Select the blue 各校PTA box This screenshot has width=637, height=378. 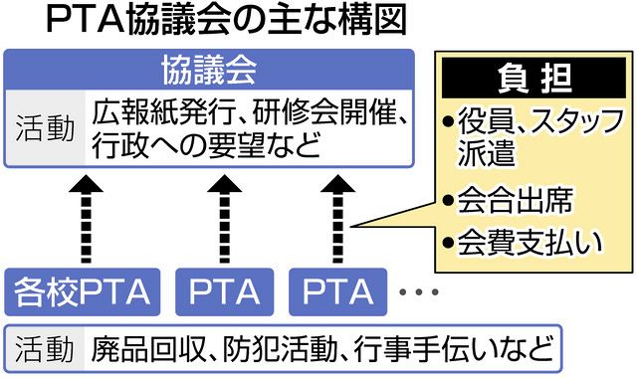(82, 292)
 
